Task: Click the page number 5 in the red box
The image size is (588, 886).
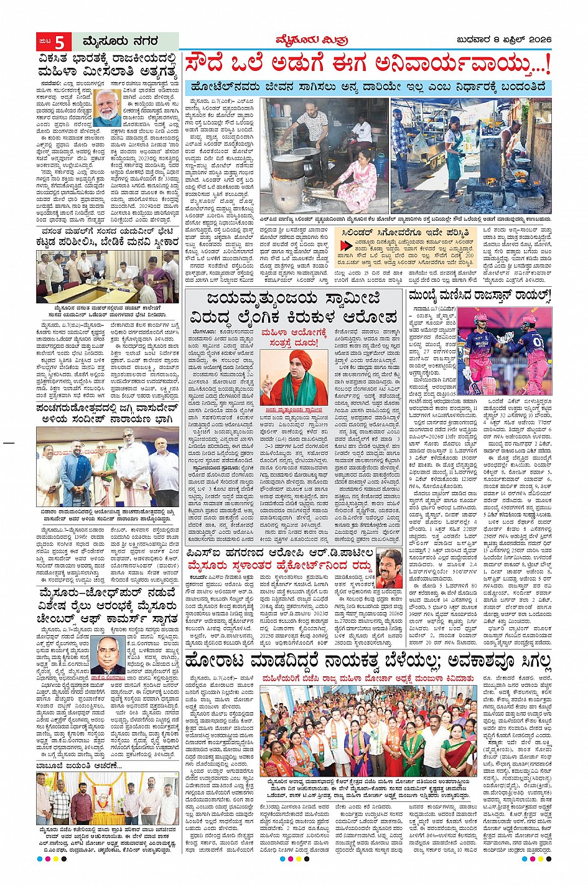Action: (x=60, y=42)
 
